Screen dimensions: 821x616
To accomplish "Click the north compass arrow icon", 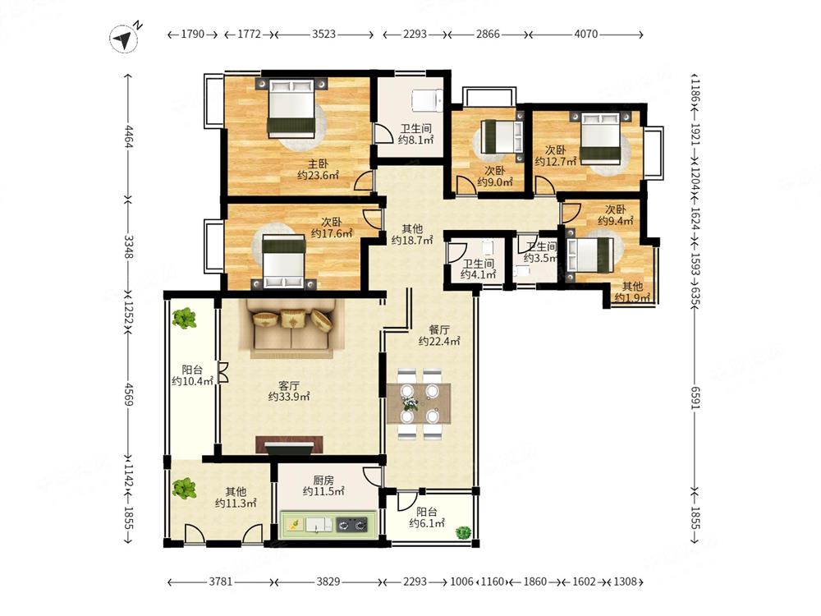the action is [124, 39].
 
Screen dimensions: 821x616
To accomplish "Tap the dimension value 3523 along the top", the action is [323, 34].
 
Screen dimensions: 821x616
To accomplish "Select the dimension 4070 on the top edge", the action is [586, 34].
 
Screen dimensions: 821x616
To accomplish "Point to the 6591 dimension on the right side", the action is [695, 398].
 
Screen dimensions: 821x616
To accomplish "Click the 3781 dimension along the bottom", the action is [220, 582].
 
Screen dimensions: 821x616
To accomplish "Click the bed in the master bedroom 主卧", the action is [291, 108].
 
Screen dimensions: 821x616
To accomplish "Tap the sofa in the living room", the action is [291, 329].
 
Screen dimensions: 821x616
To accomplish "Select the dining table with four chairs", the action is [419, 403].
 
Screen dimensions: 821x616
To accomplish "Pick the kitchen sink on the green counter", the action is [319, 524].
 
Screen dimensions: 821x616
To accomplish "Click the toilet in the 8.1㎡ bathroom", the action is [427, 100].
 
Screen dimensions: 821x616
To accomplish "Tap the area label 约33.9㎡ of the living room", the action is [288, 397].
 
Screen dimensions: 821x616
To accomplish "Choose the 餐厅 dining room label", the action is [438, 329].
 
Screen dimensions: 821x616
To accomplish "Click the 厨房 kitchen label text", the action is [323, 480].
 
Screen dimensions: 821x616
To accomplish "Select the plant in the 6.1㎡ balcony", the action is [463, 533].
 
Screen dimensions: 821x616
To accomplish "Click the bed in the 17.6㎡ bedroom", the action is [284, 261].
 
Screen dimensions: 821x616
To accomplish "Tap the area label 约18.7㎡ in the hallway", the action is [412, 241].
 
